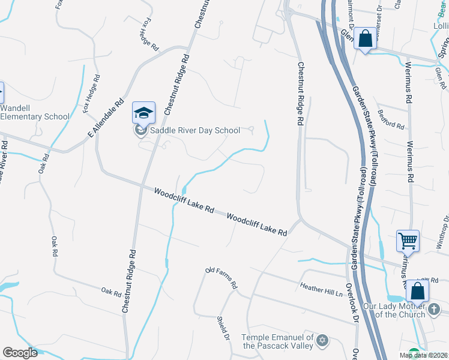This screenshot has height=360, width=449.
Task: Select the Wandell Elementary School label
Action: coord(35,112)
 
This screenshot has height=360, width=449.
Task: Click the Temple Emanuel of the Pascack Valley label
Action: coord(277,341)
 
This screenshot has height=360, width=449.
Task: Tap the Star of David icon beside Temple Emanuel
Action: coord(322,341)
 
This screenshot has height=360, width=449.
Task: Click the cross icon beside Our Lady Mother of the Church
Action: coord(435,310)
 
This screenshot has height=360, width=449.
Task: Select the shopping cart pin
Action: coord(408,241)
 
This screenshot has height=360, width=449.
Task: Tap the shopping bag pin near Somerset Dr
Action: coord(365,39)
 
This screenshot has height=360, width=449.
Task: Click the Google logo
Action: coord(20,353)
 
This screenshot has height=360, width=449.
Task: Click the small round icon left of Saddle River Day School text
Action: coord(140,130)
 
